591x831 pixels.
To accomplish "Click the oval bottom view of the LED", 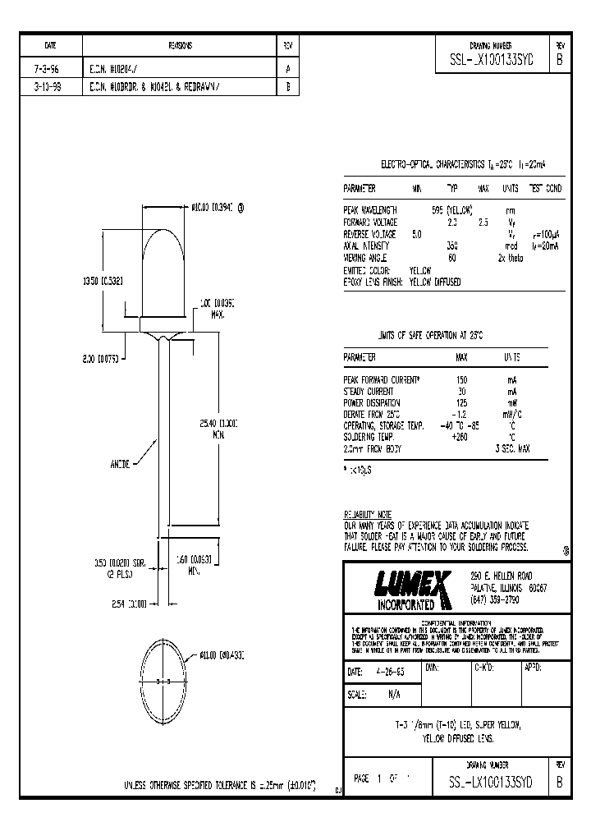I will (x=167, y=681).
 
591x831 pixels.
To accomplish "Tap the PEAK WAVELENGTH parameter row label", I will (x=370, y=210).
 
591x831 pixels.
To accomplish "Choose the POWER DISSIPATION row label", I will (x=372, y=403).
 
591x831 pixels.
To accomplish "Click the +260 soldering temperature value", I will (x=460, y=438).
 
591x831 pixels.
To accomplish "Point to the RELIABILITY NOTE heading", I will (x=368, y=513).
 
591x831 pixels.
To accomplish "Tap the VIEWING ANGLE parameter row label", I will (x=368, y=257).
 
